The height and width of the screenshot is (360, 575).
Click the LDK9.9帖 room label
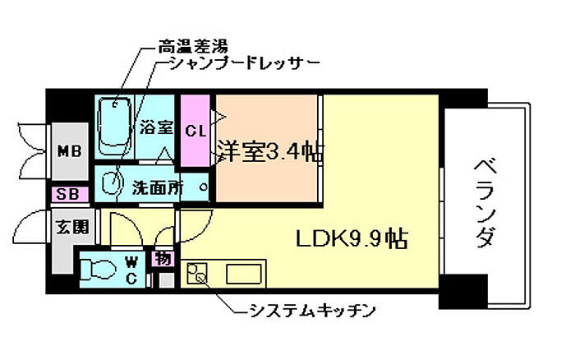(x=352, y=238)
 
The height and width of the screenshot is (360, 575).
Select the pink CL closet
(x=195, y=131)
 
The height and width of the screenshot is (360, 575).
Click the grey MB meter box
(x=70, y=151)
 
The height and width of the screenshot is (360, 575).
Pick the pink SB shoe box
(x=70, y=194)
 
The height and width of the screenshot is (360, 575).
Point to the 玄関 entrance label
(x=72, y=228)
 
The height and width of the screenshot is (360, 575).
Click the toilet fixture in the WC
(x=97, y=270)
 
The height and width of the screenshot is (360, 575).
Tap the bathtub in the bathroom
(x=113, y=127)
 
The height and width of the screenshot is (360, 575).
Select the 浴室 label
(x=156, y=128)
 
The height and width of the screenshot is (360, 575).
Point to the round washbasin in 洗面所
(x=110, y=182)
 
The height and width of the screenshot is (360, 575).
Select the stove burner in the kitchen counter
(x=196, y=273)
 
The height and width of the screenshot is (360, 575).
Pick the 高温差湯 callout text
(x=193, y=47)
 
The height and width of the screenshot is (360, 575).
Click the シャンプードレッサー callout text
(x=245, y=64)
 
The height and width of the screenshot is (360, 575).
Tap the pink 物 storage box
(x=163, y=259)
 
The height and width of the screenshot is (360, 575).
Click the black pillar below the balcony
(x=463, y=292)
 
